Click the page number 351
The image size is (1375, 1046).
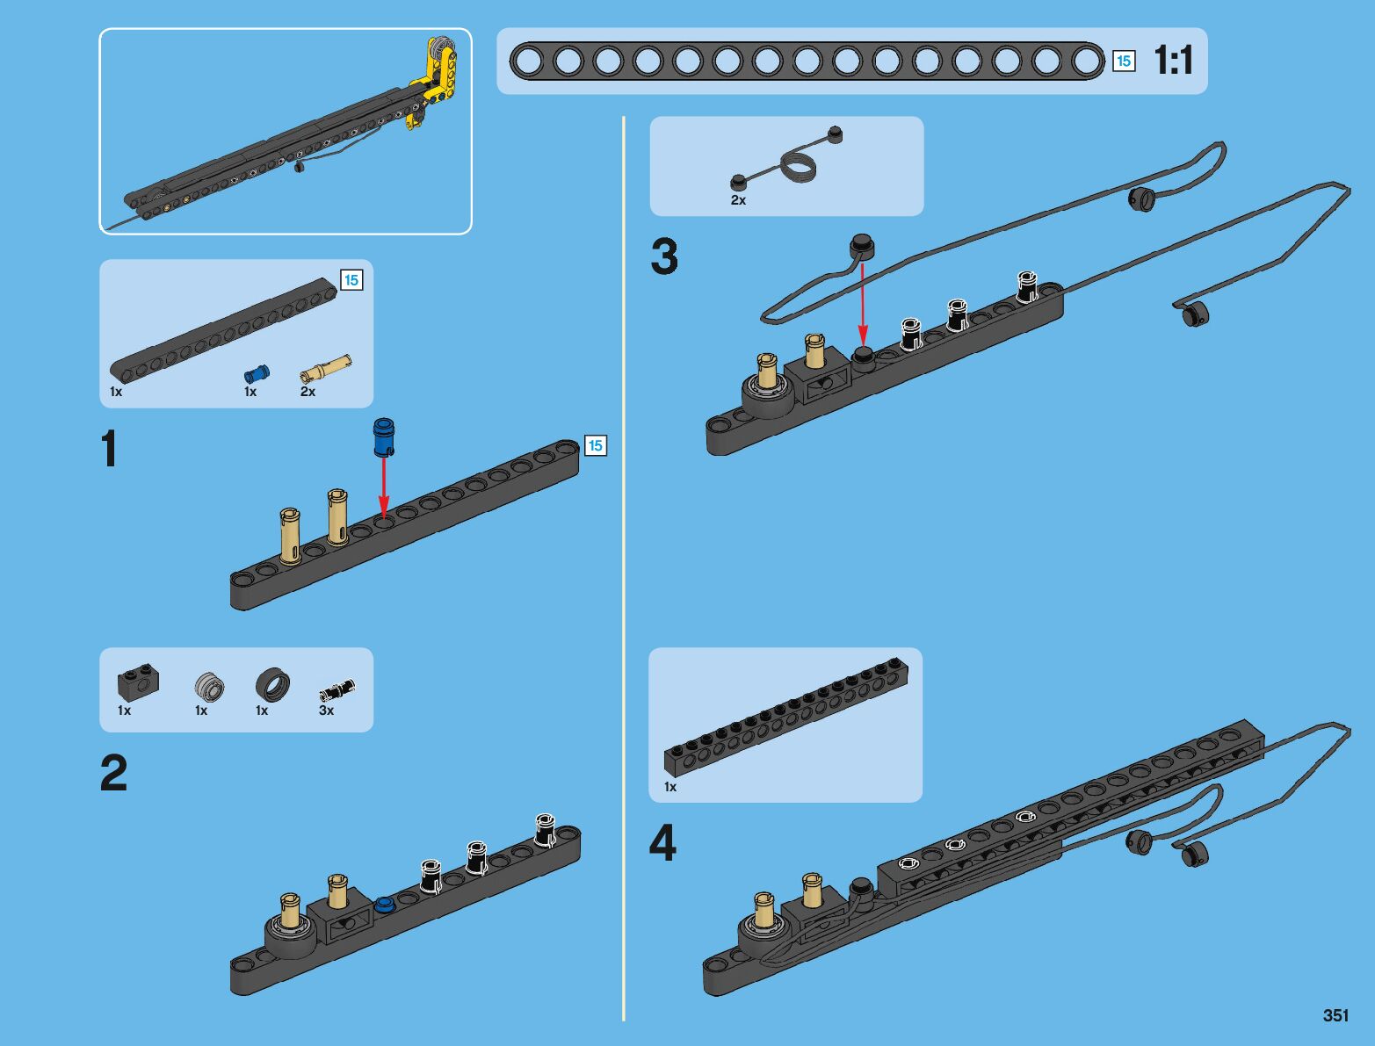[x=1335, y=1015]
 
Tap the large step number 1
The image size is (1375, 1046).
[x=109, y=450]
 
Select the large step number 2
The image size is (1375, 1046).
[x=113, y=774]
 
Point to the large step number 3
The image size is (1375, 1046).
[x=664, y=257]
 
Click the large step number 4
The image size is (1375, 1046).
[x=662, y=844]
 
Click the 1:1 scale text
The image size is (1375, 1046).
[x=1173, y=61]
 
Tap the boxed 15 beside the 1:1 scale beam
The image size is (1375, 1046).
[x=1123, y=61]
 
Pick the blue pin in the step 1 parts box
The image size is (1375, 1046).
[x=257, y=372]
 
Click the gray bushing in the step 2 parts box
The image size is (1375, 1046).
[x=209, y=685]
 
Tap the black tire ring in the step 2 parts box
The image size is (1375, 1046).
[x=272, y=684]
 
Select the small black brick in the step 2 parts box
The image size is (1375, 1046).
[x=135, y=682]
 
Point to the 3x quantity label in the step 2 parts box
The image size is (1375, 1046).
[x=326, y=711]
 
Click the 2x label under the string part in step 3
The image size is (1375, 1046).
[x=738, y=200]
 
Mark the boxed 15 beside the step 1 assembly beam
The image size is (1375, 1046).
[x=595, y=446]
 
